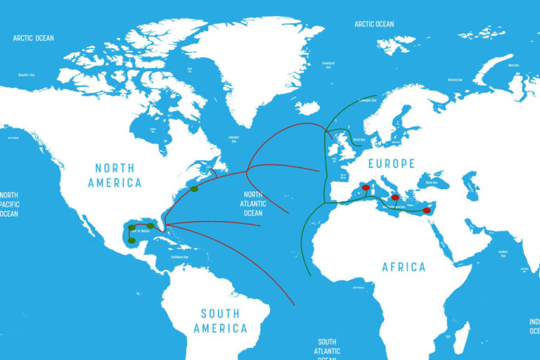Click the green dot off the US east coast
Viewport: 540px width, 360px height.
point(194,188)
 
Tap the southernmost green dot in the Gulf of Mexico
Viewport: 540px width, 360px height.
point(131,240)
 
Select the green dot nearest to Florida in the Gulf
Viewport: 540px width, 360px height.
point(150,226)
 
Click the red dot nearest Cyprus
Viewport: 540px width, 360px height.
point(426,210)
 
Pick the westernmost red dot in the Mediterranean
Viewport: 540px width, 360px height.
point(365,187)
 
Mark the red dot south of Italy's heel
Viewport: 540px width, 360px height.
point(395,198)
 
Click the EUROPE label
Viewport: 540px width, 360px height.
point(391,163)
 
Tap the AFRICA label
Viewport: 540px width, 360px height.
point(404,267)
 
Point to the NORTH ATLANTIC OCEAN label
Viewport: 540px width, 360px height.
point(253,204)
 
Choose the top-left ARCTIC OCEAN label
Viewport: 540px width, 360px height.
point(33,38)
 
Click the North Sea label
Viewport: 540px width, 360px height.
point(359,140)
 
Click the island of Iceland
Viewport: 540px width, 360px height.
point(307,108)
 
